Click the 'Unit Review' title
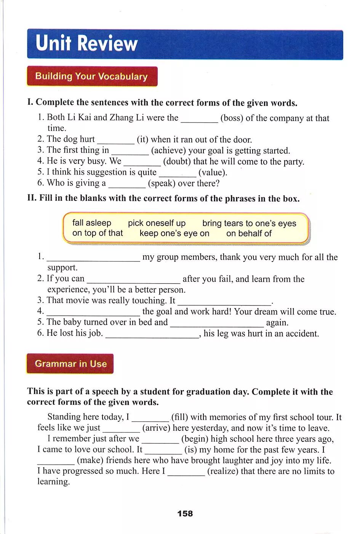coord(86,43)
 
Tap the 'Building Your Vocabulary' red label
coord(91,76)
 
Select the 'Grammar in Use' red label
coord(70,364)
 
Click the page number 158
coord(185,513)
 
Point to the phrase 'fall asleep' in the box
coord(92,223)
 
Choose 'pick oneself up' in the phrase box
coord(157,223)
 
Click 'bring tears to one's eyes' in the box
coord(249,223)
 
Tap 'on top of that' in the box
coord(98,233)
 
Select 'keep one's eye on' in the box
coord(174,233)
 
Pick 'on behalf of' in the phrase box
coord(249,233)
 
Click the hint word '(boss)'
coord(232,118)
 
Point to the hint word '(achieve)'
coord(169,151)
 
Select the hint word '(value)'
coord(213,172)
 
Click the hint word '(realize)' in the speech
coord(222,471)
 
